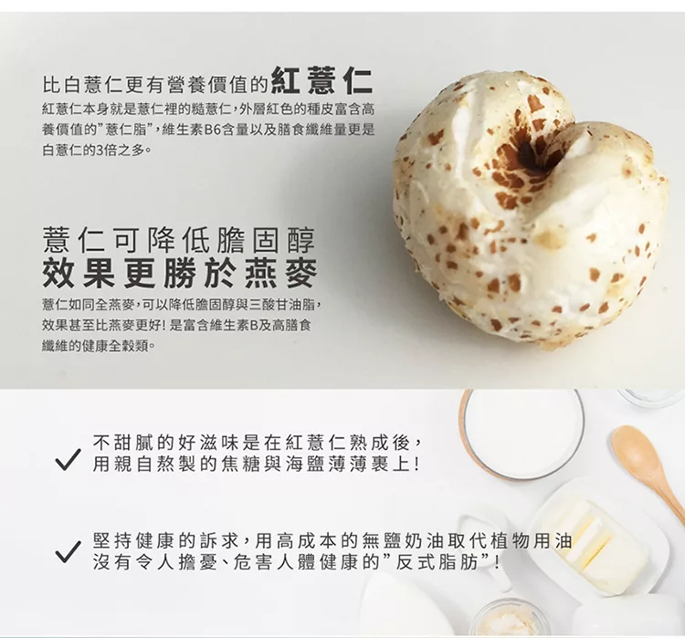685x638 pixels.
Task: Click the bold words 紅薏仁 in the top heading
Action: [x=321, y=81]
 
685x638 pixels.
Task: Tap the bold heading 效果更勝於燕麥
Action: [x=180, y=274]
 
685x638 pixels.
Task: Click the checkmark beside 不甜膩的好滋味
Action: [x=68, y=459]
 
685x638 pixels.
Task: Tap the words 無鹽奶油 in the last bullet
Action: [x=395, y=542]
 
